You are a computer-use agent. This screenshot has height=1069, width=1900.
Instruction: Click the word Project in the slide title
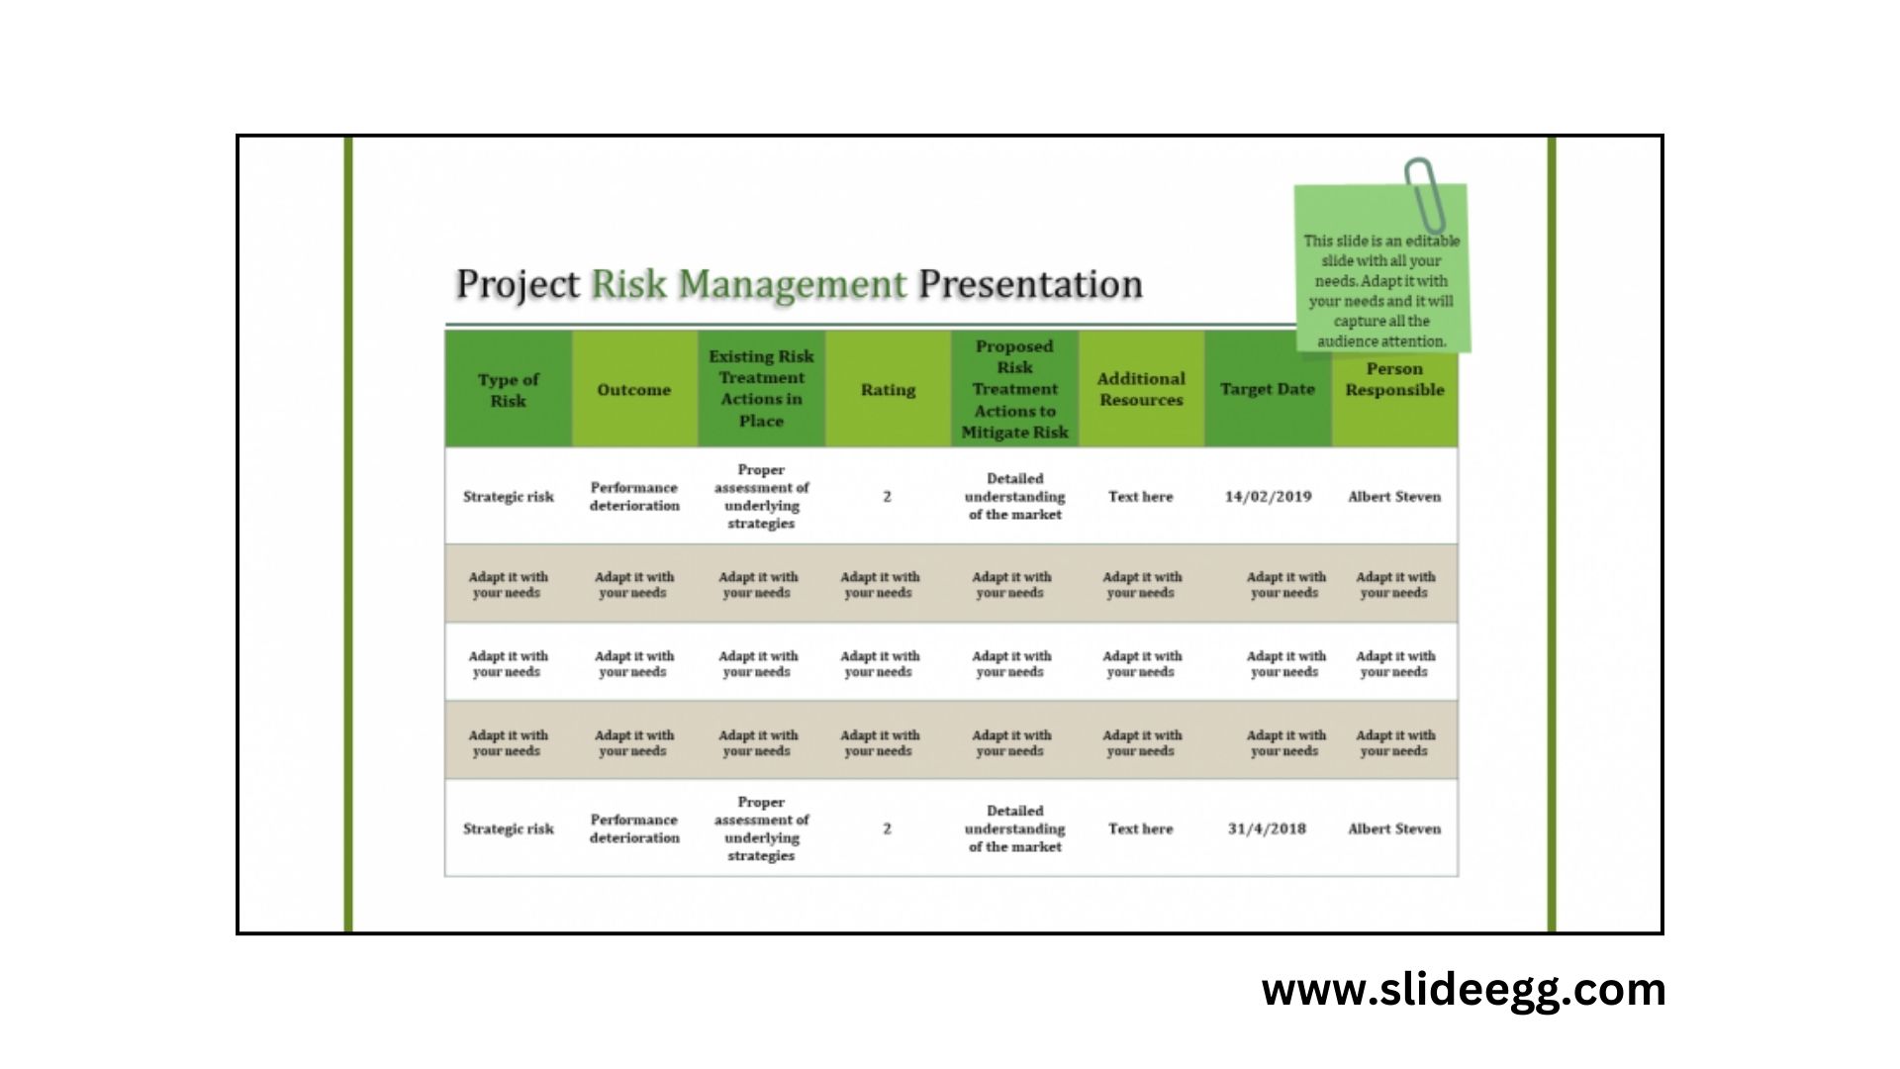pyautogui.click(x=517, y=284)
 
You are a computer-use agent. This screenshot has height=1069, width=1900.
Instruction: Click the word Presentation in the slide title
pyautogui.click(x=1030, y=284)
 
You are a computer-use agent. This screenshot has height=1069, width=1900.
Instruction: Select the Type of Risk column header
pyautogui.click(x=508, y=390)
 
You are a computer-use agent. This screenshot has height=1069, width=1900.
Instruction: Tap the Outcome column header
pyautogui.click(x=633, y=390)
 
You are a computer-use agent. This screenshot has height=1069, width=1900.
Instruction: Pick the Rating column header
pyautogui.click(x=888, y=390)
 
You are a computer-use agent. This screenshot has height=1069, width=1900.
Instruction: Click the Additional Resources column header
pyautogui.click(x=1141, y=389)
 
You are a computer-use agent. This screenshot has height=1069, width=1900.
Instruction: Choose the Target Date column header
pyautogui.click(x=1267, y=389)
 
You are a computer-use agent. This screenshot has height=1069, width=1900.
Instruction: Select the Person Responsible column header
pyautogui.click(x=1394, y=379)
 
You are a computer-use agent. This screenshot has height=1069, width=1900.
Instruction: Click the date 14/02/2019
pyautogui.click(x=1268, y=497)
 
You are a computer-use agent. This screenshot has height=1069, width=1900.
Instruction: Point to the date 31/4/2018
pyautogui.click(x=1267, y=828)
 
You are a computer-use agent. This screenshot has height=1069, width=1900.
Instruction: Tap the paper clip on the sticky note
pyautogui.click(x=1425, y=193)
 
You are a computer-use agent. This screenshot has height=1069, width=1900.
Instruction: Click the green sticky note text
pyautogui.click(x=1380, y=290)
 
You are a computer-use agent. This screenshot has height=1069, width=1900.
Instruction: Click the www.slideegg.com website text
pyautogui.click(x=1463, y=990)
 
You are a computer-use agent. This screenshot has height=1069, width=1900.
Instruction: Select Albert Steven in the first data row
pyautogui.click(x=1393, y=497)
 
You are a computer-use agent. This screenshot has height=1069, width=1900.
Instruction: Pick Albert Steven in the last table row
pyautogui.click(x=1393, y=828)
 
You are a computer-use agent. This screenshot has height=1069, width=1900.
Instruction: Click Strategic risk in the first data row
pyautogui.click(x=508, y=497)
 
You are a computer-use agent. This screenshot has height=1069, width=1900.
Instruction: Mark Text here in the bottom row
pyautogui.click(x=1140, y=828)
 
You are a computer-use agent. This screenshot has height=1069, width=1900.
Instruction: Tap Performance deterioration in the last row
pyautogui.click(x=634, y=828)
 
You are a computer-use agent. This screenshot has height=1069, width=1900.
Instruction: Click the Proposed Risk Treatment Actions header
pyautogui.click(x=1014, y=389)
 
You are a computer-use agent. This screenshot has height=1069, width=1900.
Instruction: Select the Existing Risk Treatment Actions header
pyautogui.click(x=761, y=388)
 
